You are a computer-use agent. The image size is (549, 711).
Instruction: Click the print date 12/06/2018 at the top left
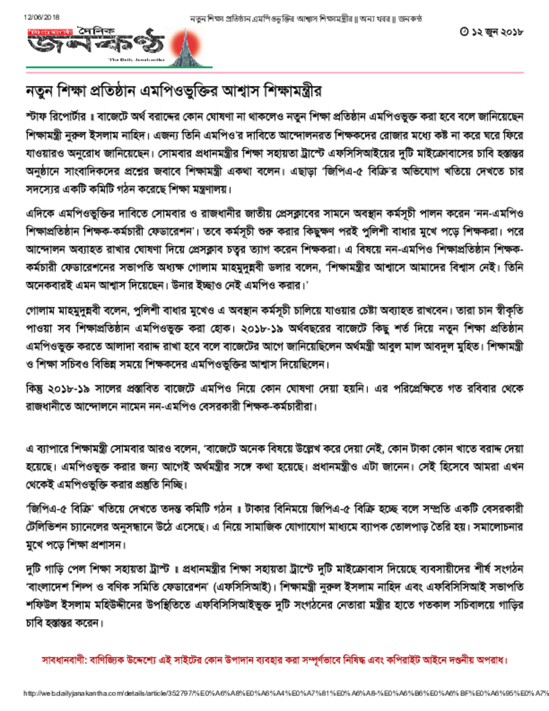click(x=42, y=16)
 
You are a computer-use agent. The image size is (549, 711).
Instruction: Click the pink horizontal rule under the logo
click(x=275, y=72)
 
